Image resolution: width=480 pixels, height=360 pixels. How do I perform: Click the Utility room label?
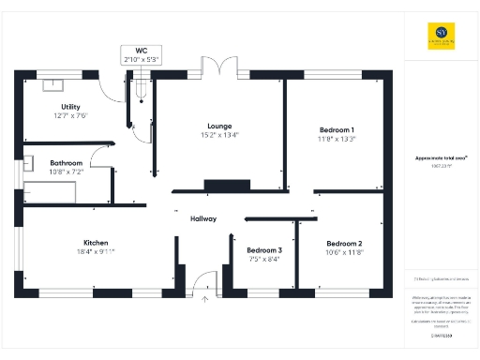(70, 107)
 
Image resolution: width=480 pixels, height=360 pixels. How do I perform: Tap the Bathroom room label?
(66, 162)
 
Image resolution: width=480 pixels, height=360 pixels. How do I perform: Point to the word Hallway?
(203, 218)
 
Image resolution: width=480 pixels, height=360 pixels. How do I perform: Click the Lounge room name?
(219, 127)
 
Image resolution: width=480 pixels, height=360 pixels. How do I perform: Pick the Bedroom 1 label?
(337, 129)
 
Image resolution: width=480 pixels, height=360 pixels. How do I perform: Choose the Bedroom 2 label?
(344, 242)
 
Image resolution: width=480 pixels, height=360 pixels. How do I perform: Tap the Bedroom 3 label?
(264, 250)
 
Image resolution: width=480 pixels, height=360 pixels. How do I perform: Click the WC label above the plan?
(142, 50)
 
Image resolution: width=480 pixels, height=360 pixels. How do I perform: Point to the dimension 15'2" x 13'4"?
(219, 136)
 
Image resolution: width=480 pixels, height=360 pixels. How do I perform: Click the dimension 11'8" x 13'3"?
(337, 139)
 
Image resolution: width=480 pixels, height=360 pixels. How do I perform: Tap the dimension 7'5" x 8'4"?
(264, 260)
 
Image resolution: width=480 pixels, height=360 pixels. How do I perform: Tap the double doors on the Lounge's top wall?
(217, 70)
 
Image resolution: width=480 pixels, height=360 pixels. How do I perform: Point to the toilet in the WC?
(142, 91)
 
